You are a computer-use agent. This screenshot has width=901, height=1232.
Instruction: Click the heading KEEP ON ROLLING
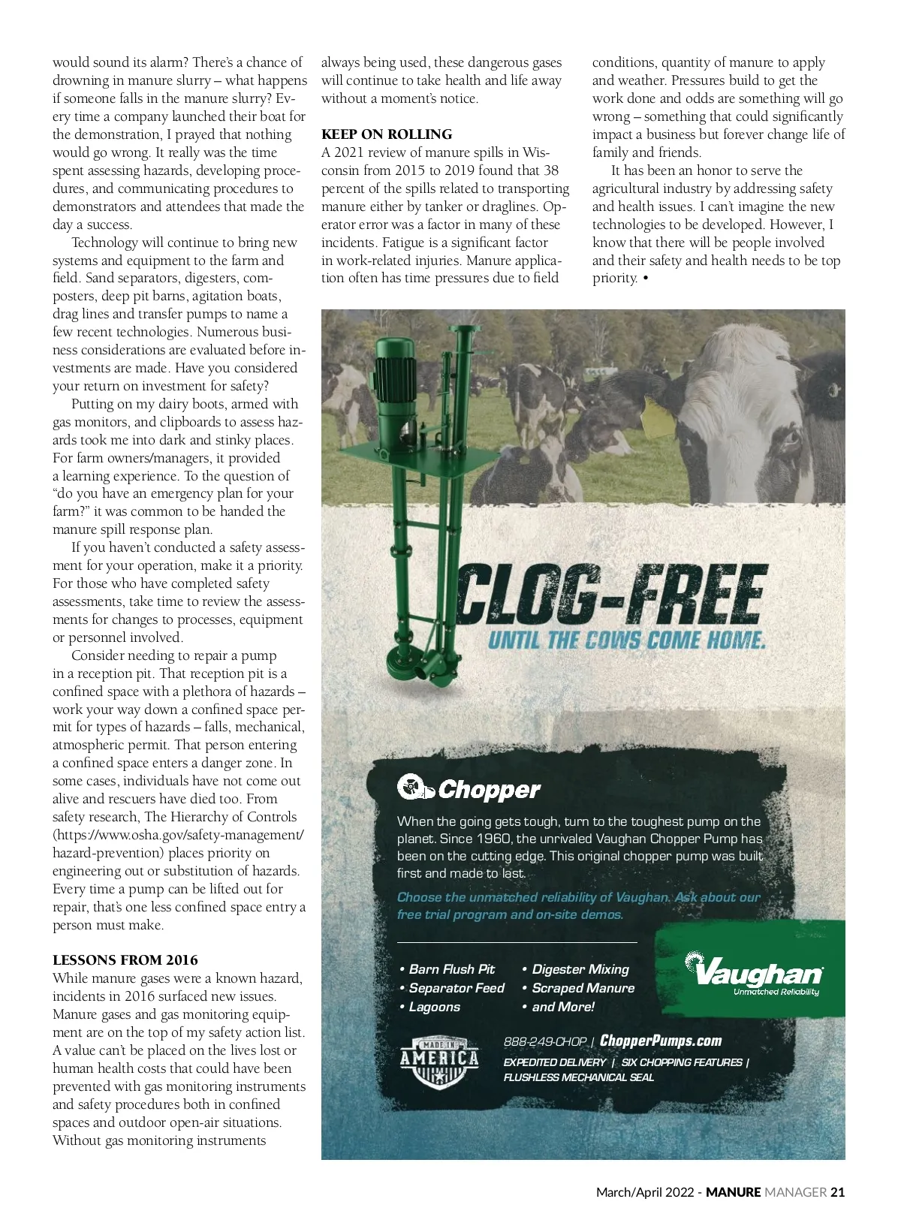tap(387, 134)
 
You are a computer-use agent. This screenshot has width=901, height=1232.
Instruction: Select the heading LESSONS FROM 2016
tap(125, 959)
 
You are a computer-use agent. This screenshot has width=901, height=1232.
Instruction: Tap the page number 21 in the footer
tap(838, 1191)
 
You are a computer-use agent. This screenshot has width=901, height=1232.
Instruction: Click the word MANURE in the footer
tap(734, 1191)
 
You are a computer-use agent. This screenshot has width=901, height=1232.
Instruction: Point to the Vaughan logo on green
tap(755, 974)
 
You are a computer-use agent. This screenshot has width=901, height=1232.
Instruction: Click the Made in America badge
tap(439, 1061)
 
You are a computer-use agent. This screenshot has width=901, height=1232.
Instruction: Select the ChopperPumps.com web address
tap(661, 1041)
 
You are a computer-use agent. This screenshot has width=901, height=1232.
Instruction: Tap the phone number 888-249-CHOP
tap(545, 1041)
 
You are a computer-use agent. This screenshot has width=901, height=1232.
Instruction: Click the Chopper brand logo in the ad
tap(469, 788)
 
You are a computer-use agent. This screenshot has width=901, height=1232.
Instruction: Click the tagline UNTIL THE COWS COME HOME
tap(627, 640)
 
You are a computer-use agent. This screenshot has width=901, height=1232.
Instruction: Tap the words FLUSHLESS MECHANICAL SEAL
tap(578, 1077)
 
